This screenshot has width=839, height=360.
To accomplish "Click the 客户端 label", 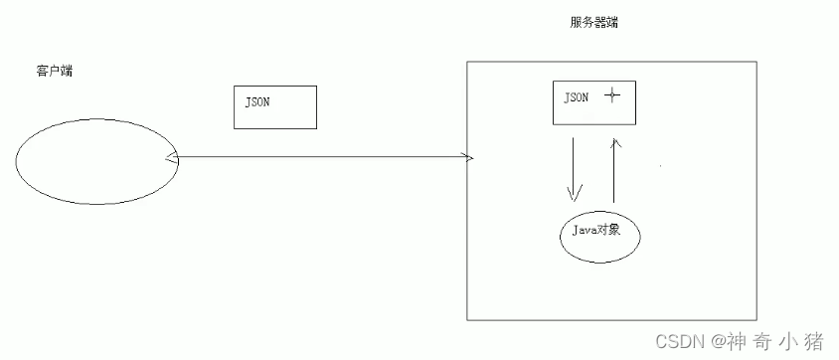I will click(52, 73).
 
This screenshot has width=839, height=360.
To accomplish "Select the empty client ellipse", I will click(96, 161).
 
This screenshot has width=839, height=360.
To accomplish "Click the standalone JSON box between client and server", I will click(275, 106).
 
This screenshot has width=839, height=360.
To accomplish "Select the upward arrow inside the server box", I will click(617, 169).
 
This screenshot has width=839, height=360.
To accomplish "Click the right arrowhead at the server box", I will click(469, 157).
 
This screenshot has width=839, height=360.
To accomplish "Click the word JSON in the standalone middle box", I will click(257, 101).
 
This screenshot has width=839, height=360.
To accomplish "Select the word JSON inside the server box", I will click(576, 97).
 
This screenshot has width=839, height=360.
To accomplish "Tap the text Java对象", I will click(595, 230).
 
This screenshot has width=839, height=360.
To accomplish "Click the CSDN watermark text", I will click(681, 341).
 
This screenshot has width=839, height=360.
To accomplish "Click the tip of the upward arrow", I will click(617, 139).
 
